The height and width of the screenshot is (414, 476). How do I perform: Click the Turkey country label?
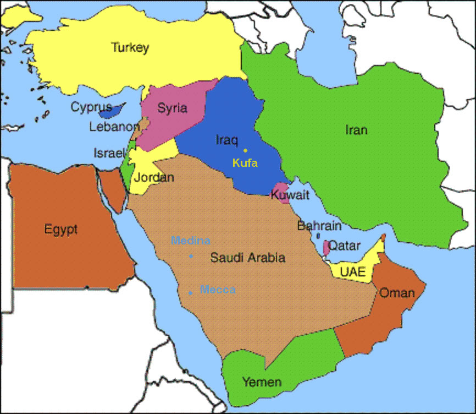coord(130,47)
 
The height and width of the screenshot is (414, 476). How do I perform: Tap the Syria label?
coord(172,108)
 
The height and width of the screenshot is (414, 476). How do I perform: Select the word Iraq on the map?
coord(226,140)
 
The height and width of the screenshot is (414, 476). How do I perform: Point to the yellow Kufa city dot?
coord(246,150)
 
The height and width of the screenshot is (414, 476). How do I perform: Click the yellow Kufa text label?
coord(245,163)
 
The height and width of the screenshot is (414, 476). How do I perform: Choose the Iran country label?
coord(356,130)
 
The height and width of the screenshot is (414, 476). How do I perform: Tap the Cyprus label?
coord(91,107)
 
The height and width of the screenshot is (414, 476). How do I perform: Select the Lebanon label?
coord(114,127)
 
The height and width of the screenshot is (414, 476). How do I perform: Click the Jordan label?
coord(154,177)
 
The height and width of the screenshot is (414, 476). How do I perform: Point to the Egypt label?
coord(61,229)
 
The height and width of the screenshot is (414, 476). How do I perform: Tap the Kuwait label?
coord(290,195)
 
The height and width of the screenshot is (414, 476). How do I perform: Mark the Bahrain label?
coord(319,225)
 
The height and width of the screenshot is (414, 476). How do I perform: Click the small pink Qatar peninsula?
coord(326,247)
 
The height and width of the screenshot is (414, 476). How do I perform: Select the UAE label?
coord(352,271)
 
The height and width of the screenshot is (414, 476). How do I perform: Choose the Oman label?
coord(397,292)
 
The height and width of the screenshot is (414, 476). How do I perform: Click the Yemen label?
coord(262,382)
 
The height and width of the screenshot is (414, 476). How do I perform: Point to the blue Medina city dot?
coord(191,256)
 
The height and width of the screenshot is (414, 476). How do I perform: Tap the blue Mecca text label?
coord(218,290)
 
